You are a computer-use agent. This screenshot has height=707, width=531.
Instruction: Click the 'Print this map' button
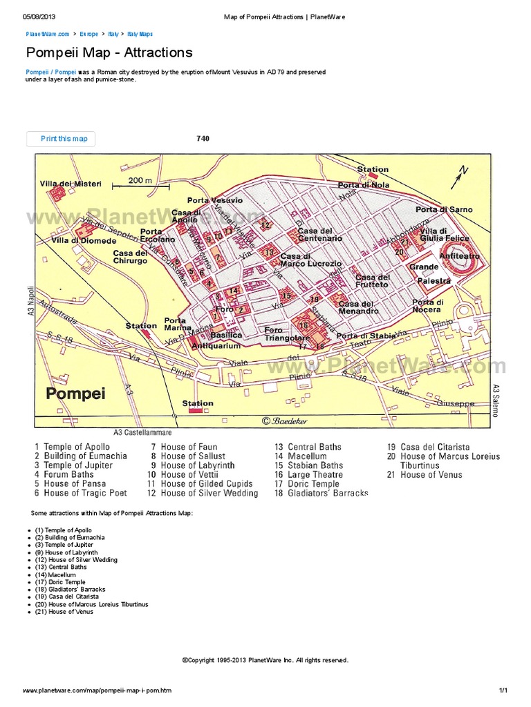pos(61,139)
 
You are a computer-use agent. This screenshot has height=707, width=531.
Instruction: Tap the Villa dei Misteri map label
pos(71,184)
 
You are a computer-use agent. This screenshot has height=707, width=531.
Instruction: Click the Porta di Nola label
pos(363,185)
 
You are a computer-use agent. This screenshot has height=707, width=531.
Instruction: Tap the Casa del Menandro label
pos(359,307)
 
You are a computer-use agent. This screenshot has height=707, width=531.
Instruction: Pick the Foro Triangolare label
pos(287,334)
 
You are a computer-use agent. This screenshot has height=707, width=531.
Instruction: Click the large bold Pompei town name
pos(77,394)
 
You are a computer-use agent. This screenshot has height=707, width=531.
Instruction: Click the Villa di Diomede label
pos(84,241)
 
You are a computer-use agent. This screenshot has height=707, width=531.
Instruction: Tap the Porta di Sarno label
pos(444,209)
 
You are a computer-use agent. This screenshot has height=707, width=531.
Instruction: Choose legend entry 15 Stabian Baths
pos(308,465)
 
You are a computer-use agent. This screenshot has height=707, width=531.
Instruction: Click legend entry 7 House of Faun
pos(185,447)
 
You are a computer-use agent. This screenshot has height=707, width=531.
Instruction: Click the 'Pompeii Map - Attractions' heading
pos(109,53)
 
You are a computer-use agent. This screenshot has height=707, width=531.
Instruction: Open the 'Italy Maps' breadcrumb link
pos(140,34)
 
